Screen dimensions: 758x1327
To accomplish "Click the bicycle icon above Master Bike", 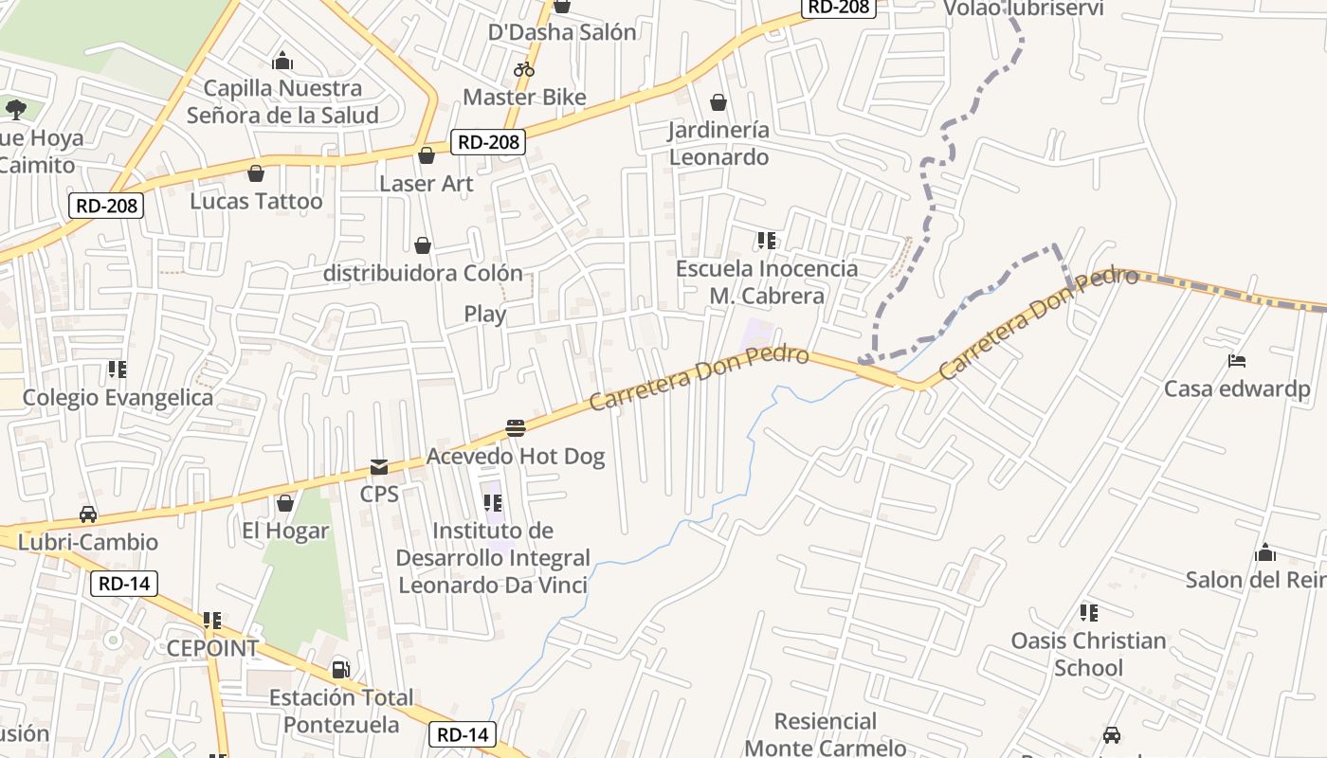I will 524,69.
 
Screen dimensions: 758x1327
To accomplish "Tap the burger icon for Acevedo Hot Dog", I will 516,427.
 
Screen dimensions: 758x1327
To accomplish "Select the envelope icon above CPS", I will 379,466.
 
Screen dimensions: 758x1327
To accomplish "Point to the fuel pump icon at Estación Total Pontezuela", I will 340,670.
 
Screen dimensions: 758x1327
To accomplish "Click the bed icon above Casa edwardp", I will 1237,361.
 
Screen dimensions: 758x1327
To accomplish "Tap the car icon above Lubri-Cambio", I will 88,514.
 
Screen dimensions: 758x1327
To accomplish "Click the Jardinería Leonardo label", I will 718,143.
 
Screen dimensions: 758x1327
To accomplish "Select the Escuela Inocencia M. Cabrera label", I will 766,282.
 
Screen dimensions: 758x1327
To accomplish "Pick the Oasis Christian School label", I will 1088,654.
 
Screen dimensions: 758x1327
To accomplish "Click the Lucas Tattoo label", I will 256,201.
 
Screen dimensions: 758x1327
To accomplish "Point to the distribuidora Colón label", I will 423,273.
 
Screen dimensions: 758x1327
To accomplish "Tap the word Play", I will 484,314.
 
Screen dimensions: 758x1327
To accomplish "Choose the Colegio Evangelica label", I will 118,397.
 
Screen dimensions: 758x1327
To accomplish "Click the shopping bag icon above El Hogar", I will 284,503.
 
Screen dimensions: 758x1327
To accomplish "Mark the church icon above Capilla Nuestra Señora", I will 282,62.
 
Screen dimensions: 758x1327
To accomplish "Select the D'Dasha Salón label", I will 562,32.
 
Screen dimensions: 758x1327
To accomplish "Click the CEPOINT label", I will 212,649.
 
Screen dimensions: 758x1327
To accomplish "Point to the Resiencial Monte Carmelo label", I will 825,734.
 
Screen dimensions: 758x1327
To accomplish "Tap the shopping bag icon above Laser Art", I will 427,155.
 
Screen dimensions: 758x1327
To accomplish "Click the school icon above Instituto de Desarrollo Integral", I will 492,502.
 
